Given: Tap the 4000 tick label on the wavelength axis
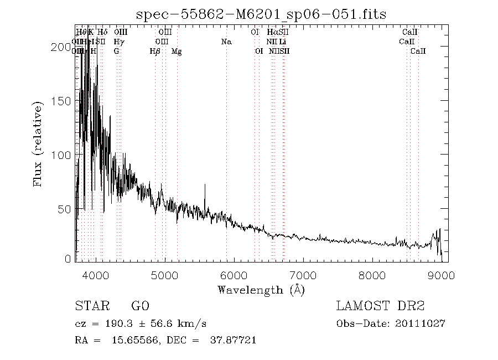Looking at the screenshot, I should (x=96, y=275).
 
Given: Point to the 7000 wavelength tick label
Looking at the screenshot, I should (x=303, y=275).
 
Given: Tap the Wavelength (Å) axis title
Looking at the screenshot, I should (x=261, y=290).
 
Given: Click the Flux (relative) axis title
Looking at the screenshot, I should (x=39, y=144).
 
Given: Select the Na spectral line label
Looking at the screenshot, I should (x=226, y=42).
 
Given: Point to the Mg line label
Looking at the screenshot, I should (x=177, y=52).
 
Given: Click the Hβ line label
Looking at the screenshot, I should (x=155, y=52).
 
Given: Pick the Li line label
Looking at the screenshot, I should (x=283, y=42).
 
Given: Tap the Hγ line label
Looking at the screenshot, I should (x=118, y=42).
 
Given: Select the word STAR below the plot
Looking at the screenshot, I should (x=90, y=306).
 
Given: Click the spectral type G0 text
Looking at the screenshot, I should (x=140, y=306).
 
